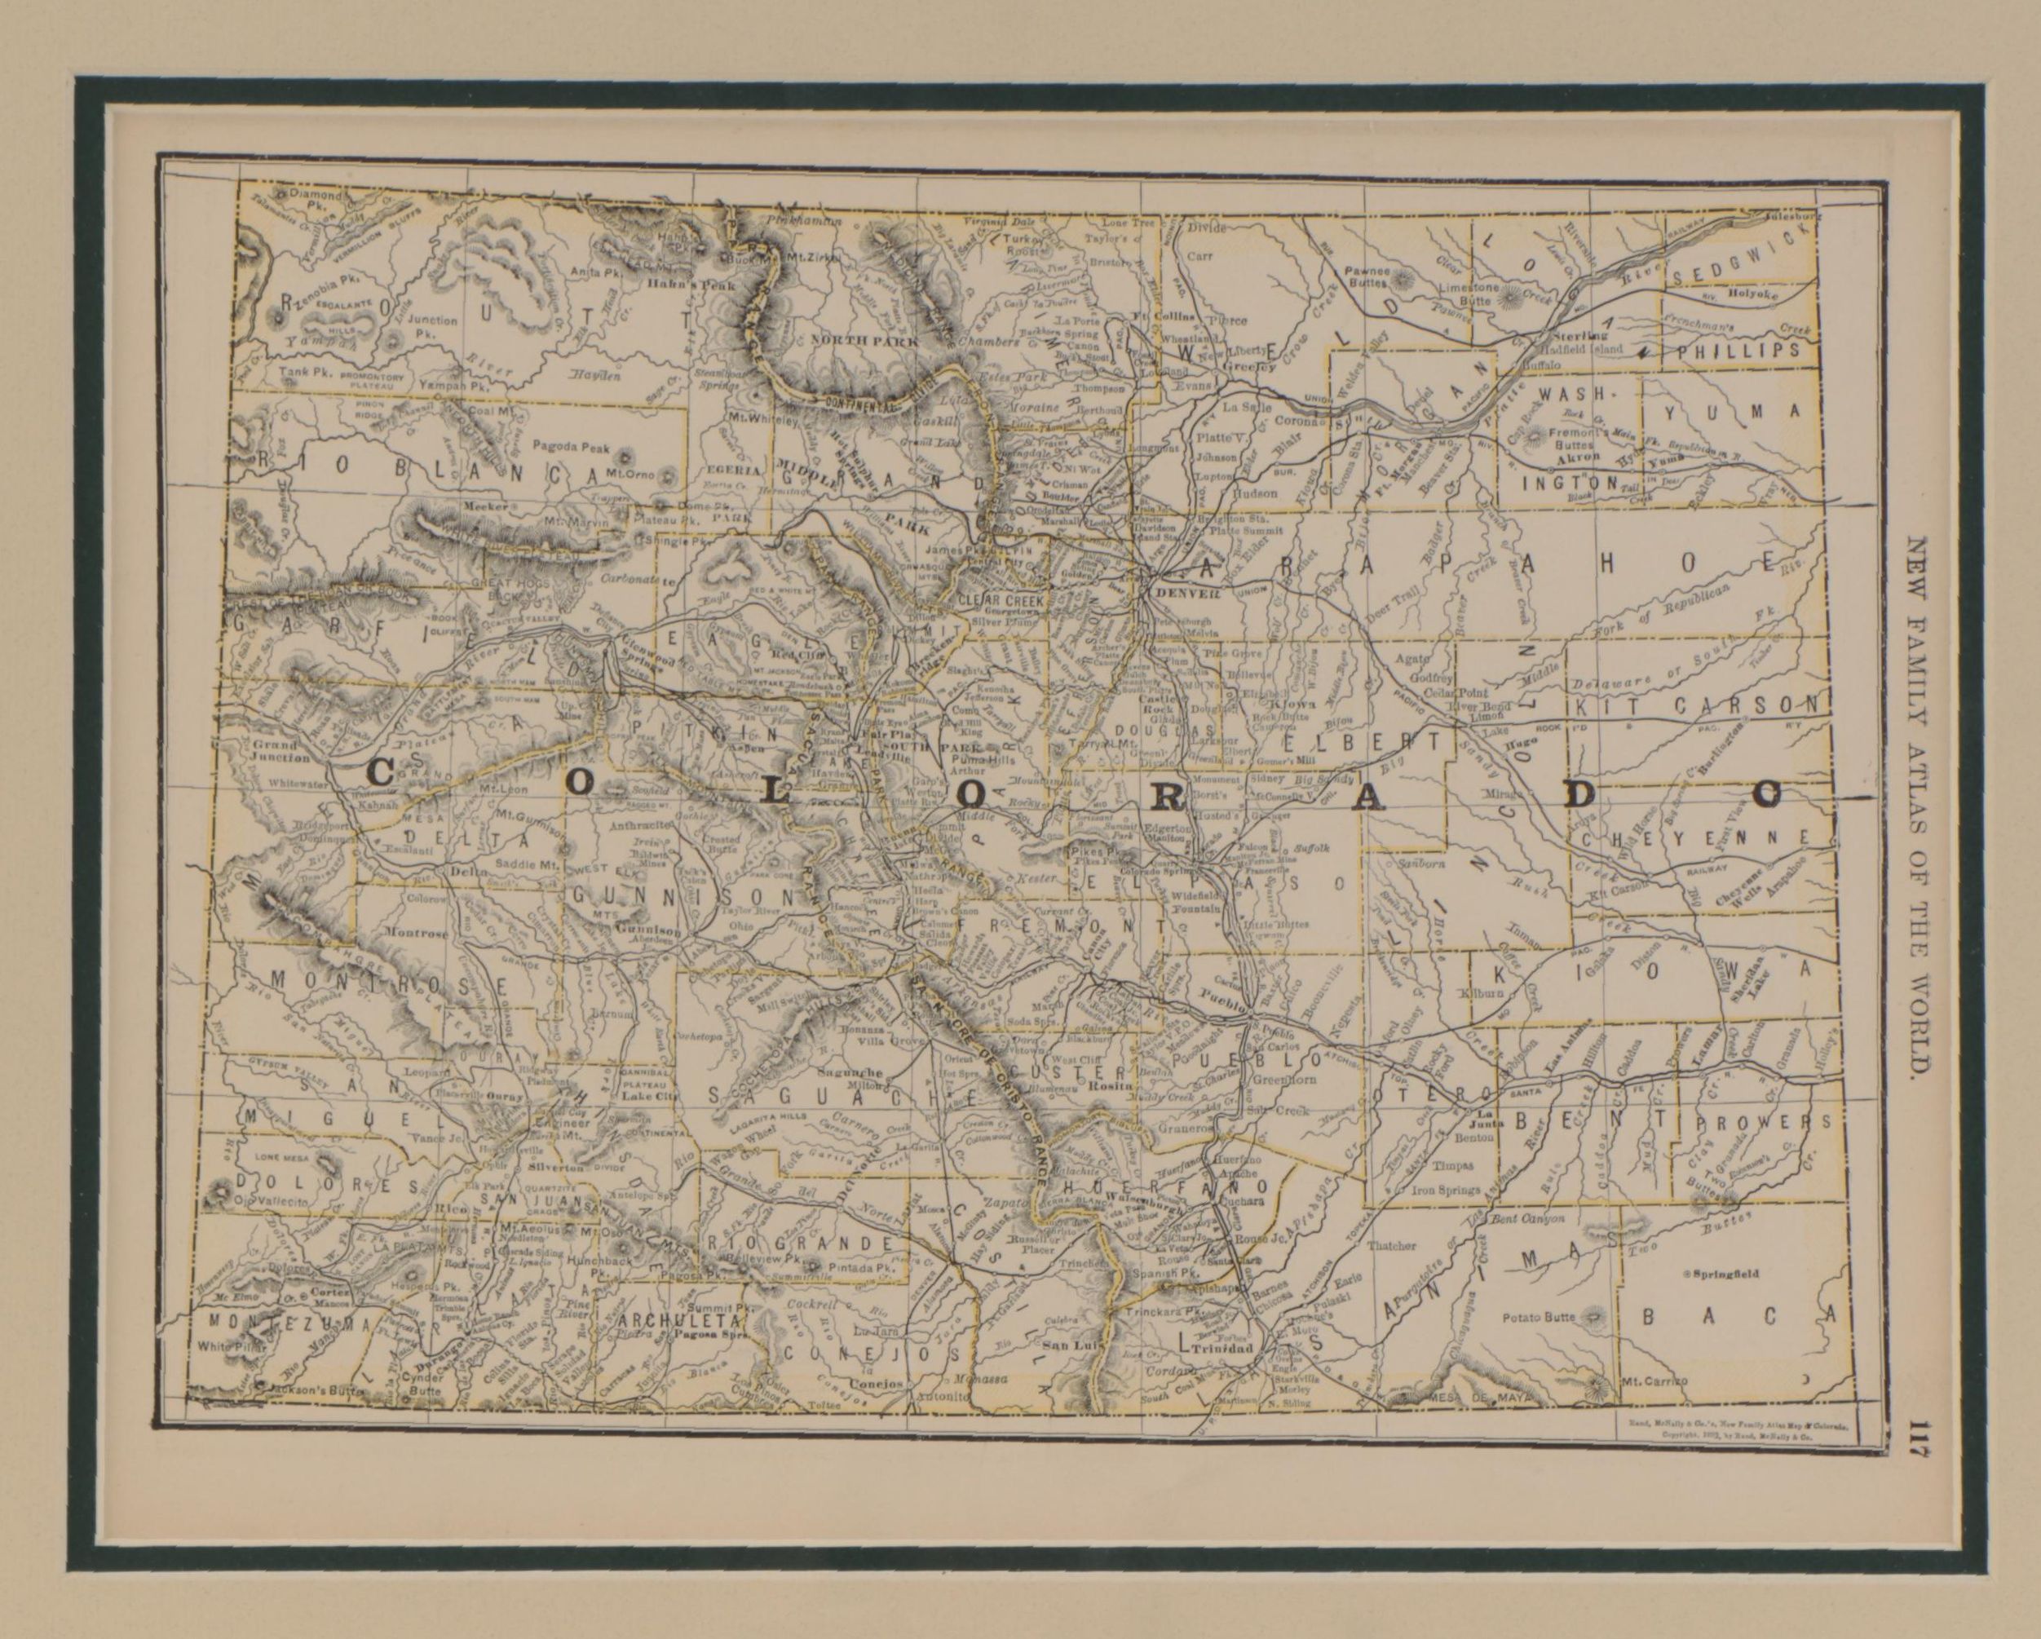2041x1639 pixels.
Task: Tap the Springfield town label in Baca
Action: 1725,1274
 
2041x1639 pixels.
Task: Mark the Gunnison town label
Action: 647,930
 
